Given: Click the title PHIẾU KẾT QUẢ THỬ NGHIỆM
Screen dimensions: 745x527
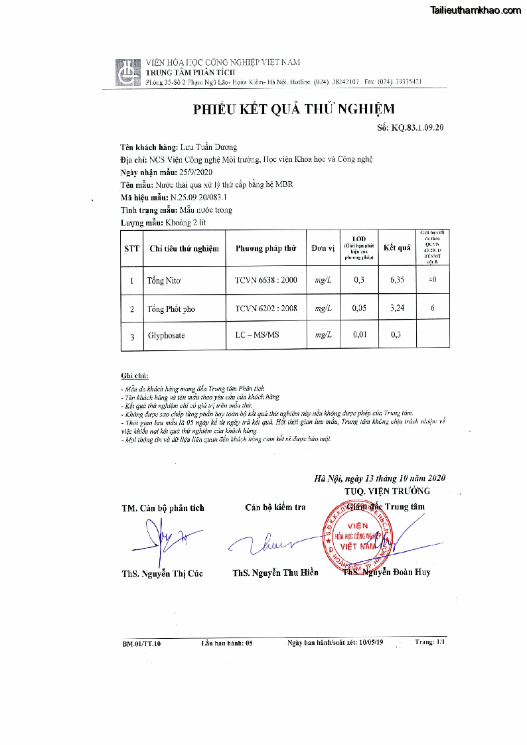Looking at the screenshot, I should (293, 109).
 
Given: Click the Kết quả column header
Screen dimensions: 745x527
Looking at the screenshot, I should (397, 248).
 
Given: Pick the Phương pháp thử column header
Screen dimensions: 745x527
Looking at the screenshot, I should (265, 248).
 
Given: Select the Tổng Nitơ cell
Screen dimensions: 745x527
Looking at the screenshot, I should (164, 281).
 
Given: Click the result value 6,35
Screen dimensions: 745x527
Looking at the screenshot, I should (397, 280).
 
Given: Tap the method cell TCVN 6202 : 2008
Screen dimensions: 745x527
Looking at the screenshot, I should (265, 308).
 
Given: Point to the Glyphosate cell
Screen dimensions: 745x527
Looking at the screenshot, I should (166, 336).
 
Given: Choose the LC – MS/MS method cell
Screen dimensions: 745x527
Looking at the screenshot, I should (257, 335).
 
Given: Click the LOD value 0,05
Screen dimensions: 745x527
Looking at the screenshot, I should (359, 308).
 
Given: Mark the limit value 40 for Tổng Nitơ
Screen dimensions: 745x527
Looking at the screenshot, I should (432, 280).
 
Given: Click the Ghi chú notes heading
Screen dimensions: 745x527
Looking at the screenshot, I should (135, 375).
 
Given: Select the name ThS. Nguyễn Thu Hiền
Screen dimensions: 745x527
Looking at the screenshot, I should (275, 573).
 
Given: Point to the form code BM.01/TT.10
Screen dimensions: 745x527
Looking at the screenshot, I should (141, 643).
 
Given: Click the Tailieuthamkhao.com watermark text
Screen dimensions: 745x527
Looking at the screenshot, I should (476, 11).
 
